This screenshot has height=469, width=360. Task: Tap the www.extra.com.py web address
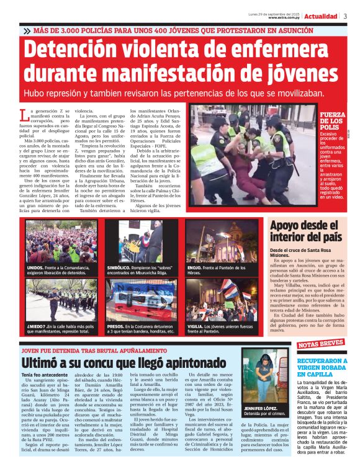285,17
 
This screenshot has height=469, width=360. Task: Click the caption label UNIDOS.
35,267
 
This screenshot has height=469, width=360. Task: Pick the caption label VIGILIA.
196,326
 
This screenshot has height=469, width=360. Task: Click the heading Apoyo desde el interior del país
306,231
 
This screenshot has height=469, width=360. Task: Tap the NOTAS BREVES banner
320,343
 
